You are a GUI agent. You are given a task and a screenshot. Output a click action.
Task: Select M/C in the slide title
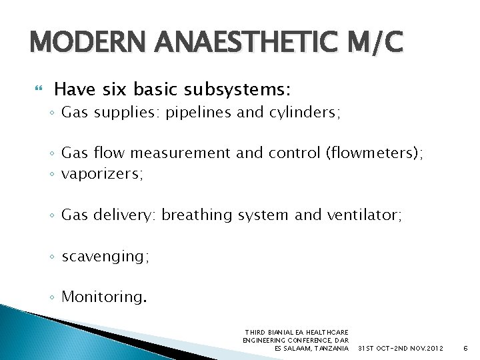click(x=379, y=43)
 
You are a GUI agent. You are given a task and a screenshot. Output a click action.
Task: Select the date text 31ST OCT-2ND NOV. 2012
click(x=401, y=348)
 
